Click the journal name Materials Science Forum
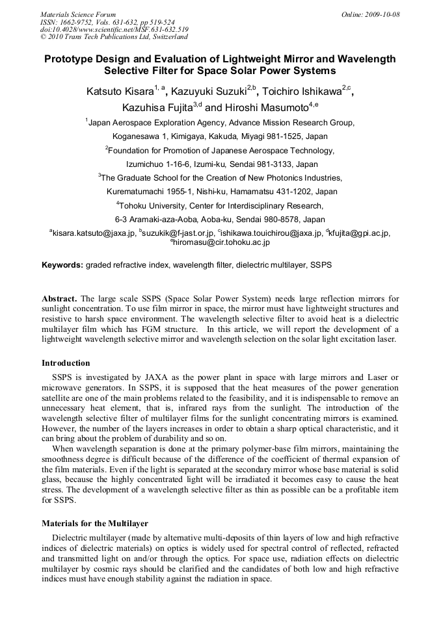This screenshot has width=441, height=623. point(78,14)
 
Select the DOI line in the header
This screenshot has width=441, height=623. point(114,29)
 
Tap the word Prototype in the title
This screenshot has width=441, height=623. point(72,59)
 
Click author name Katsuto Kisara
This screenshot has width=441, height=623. point(119,92)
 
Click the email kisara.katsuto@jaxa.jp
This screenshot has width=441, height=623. point(94,233)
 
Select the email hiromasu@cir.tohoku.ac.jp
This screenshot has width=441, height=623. point(222,242)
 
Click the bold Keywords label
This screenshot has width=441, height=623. point(62,265)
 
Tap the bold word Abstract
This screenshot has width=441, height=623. point(60,299)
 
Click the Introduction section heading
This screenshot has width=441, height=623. point(66,362)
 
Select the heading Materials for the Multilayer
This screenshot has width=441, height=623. point(95,522)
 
